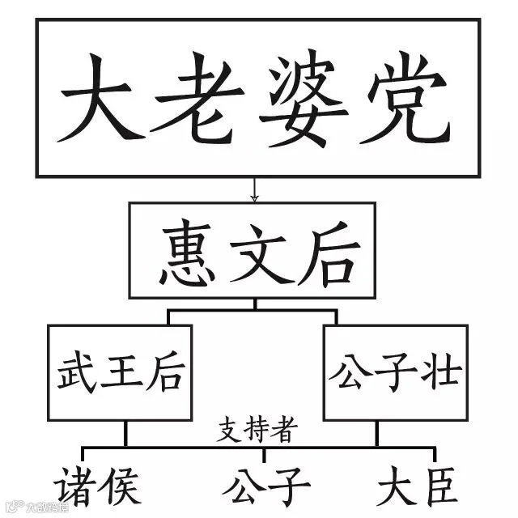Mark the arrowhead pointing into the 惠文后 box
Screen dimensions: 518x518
tap(254, 197)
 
